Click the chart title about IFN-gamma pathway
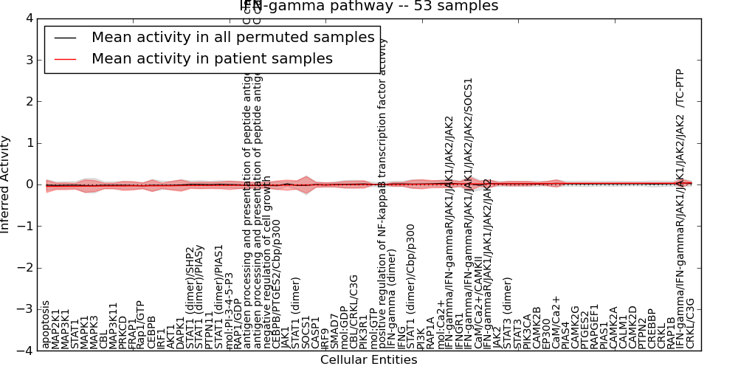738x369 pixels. tap(369, 6)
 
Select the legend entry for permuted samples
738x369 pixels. tap(232, 38)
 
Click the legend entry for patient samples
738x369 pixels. tap(212, 59)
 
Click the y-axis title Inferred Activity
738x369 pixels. tap(6, 184)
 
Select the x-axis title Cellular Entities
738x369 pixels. tap(368, 360)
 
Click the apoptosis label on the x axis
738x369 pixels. tap(46, 325)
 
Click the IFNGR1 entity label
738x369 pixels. tap(460, 331)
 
